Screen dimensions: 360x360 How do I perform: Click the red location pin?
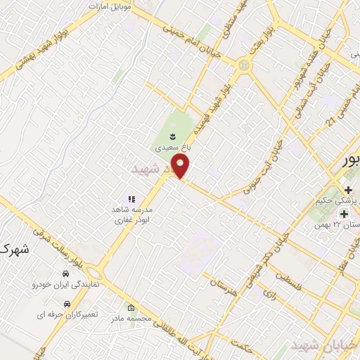coord(181,167)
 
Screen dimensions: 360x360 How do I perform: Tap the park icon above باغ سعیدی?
coord(173,134)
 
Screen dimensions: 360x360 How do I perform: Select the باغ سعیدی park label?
coord(173,148)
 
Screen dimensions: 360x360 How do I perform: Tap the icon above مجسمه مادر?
coord(131,307)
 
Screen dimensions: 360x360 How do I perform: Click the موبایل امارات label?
coord(111,6)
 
